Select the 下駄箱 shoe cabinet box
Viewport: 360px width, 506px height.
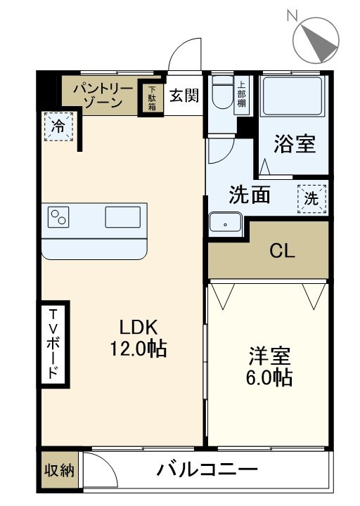click(152, 98)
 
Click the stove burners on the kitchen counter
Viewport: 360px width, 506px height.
click(58, 217)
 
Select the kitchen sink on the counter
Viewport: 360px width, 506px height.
click(122, 217)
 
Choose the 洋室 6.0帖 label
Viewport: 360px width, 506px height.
click(270, 366)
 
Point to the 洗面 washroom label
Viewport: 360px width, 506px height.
click(250, 195)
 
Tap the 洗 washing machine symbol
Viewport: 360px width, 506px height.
click(312, 198)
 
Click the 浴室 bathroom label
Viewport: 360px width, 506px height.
click(294, 145)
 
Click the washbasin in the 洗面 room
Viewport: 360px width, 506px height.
click(225, 223)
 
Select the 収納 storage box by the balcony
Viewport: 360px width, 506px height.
click(59, 470)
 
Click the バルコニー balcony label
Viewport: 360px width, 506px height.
click(207, 469)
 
